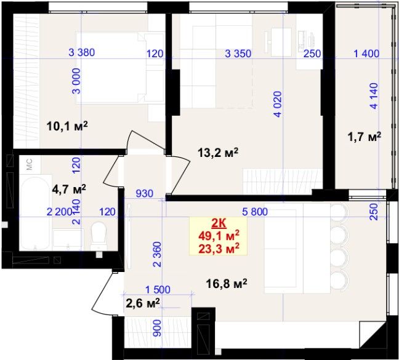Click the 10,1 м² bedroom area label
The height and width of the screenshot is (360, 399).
pos(67,126)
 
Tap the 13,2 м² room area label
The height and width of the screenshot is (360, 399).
pos(218,153)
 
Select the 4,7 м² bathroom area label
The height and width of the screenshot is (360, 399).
pos(69,189)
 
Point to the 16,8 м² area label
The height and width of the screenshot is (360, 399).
pos(227,284)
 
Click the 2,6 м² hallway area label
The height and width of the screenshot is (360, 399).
pos(143,303)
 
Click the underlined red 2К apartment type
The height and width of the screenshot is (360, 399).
pos(219,224)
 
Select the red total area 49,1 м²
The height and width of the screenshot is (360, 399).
pos(219,236)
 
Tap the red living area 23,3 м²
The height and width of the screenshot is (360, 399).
pos(219,249)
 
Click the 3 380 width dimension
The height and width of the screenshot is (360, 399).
pos(82,53)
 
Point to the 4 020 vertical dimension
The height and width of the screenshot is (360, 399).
pos(278,104)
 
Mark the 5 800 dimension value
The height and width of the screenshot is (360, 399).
pos(255,212)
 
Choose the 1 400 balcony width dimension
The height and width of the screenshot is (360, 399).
pos(367,54)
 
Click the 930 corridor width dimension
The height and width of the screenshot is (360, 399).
pos(145,194)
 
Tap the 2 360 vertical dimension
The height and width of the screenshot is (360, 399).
pos(158,254)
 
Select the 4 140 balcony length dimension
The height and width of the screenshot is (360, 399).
pos(374,96)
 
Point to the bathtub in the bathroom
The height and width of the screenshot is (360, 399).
pos(35,213)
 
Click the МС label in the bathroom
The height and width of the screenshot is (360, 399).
pos(30,164)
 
